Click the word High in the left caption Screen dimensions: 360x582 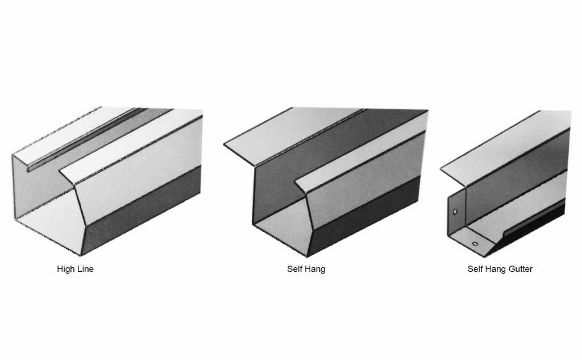[x=65, y=269]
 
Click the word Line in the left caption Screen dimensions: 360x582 [x=85, y=269]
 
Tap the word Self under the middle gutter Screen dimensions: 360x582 [x=295, y=269]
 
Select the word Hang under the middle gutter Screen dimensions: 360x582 [x=315, y=269]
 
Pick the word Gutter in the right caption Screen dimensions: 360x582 [x=519, y=269]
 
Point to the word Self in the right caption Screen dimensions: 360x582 [x=476, y=269]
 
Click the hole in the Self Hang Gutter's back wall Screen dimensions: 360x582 [x=455, y=212]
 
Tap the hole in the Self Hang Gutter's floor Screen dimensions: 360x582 [x=475, y=244]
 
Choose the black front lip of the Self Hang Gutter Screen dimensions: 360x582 [x=534, y=222]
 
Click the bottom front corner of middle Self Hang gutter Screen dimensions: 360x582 [x=309, y=255]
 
